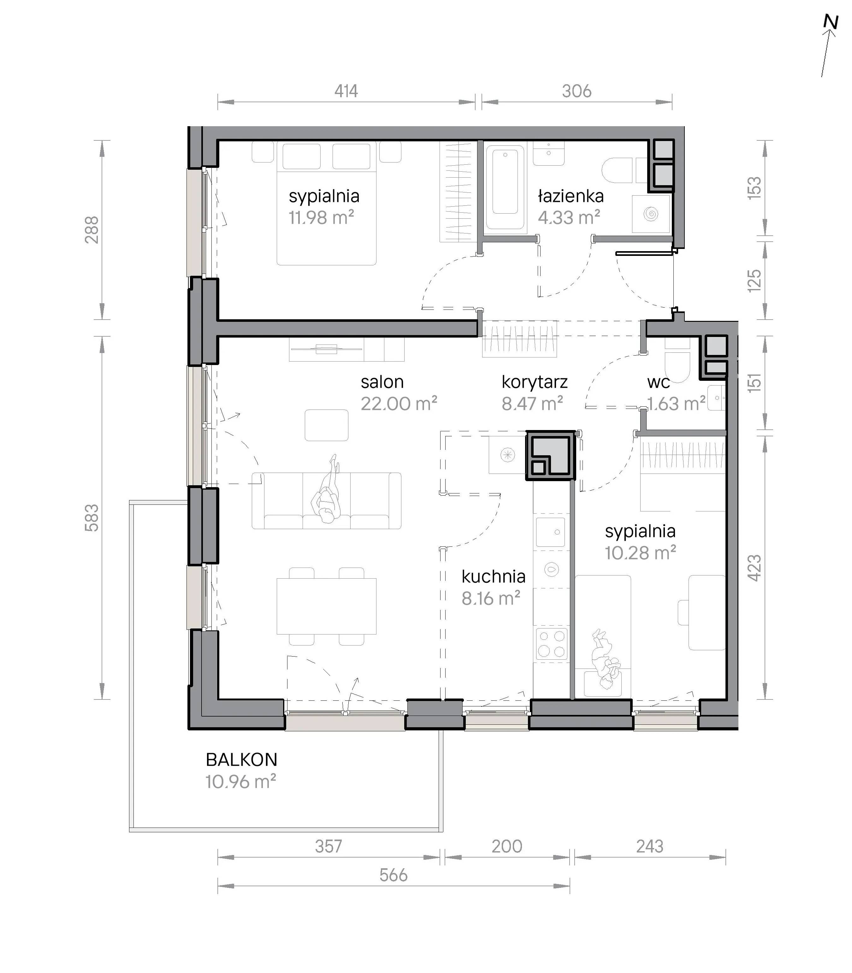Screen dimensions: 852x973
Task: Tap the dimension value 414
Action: click(x=346, y=91)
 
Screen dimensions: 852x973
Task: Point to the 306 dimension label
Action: click(x=577, y=91)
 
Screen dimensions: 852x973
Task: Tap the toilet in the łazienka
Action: click(x=618, y=170)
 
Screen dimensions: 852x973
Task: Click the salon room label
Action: click(x=382, y=382)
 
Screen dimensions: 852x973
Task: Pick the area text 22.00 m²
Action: click(x=399, y=404)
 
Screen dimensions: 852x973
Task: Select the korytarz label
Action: click(x=535, y=382)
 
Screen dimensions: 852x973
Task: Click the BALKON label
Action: click(x=241, y=760)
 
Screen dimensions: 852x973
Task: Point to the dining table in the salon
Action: click(x=327, y=606)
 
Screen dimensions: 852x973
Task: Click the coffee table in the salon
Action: click(x=327, y=425)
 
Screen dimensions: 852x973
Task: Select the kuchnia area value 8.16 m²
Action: click(x=491, y=599)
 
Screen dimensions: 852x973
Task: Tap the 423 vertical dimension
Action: click(x=754, y=568)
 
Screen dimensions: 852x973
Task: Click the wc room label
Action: click(x=659, y=382)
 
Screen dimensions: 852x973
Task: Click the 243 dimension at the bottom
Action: click(x=649, y=846)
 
